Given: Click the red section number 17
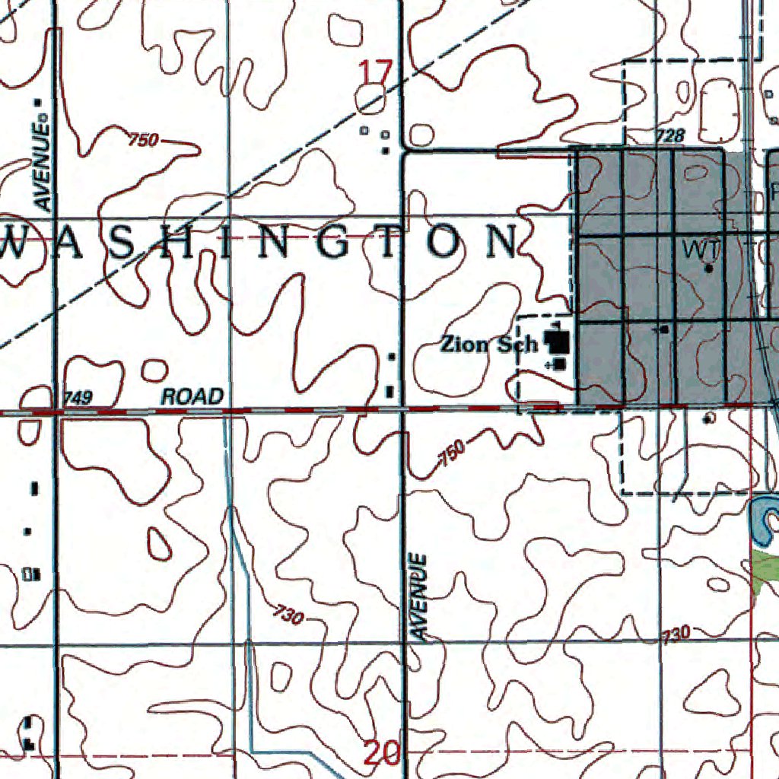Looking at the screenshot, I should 375,74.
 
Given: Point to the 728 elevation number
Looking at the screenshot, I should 670,135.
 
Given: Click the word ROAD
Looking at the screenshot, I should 192,396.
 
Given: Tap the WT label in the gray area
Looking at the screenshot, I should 700,249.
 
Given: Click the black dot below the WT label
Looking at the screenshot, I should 709,268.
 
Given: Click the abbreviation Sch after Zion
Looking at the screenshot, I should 517,345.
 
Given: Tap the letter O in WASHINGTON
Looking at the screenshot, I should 447,243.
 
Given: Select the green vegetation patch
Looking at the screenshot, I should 766,568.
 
